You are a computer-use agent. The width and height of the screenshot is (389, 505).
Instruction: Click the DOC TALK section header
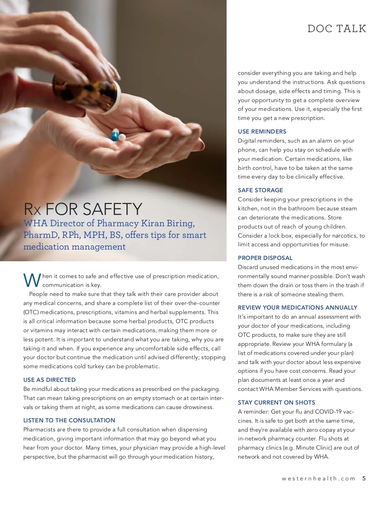click(336, 29)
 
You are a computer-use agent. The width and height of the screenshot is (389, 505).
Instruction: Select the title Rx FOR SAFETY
click(83, 209)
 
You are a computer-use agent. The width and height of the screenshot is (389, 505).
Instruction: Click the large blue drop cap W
click(32, 281)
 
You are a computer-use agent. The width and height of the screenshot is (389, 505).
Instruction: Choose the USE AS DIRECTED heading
click(50, 380)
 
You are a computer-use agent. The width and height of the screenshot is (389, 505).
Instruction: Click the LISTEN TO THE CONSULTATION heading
click(69, 420)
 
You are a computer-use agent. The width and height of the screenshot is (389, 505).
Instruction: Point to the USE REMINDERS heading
click(262, 132)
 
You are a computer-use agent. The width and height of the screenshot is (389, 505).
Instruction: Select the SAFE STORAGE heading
click(260, 190)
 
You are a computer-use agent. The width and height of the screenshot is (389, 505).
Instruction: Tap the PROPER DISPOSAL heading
click(265, 258)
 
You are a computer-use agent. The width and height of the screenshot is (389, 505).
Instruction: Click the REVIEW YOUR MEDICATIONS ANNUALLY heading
click(298, 308)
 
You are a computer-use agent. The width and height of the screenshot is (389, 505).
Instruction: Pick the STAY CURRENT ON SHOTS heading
click(277, 403)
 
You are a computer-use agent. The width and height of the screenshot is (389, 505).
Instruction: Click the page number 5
click(364, 478)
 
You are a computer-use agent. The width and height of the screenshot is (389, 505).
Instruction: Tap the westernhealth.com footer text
click(318, 479)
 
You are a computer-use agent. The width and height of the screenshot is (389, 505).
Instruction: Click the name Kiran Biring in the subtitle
click(168, 223)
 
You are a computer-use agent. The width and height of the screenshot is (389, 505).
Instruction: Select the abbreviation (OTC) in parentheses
click(31, 312)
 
